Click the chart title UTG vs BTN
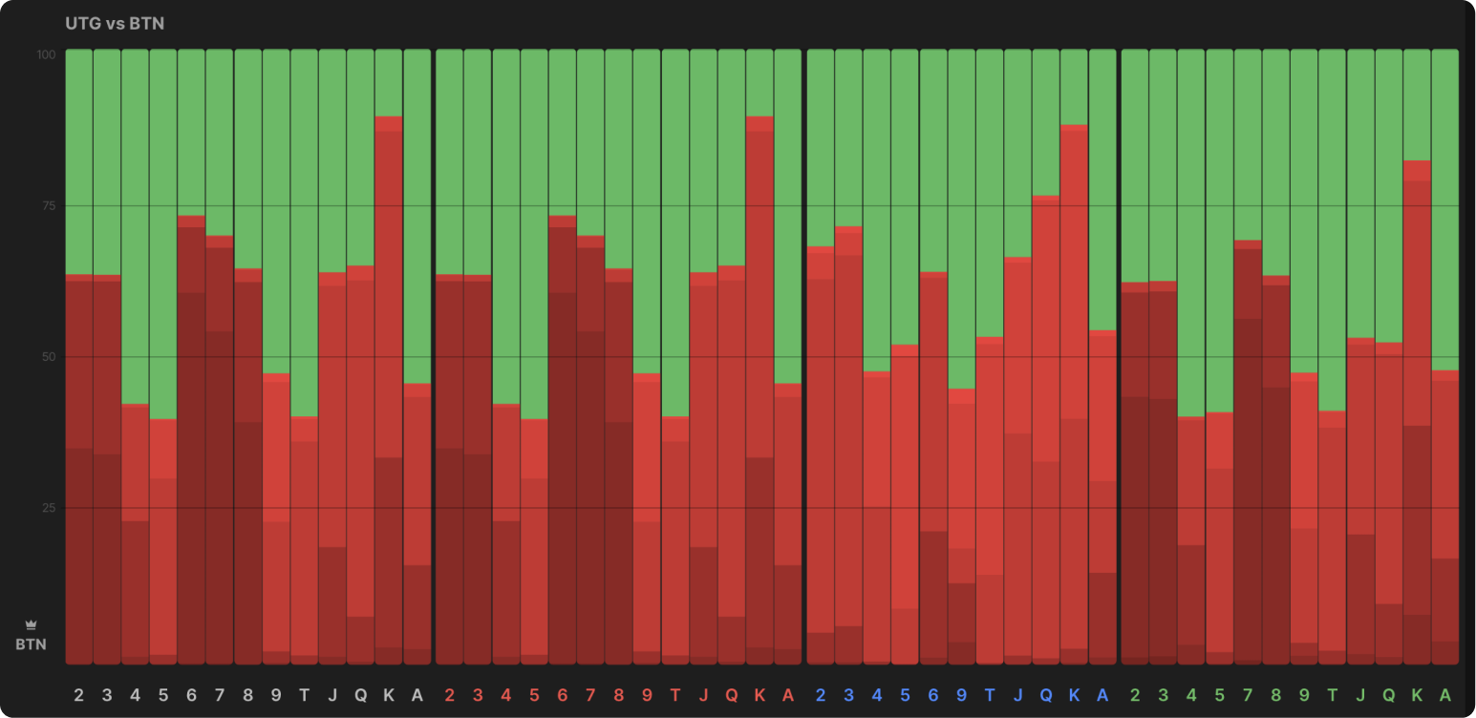point(115,23)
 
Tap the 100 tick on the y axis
point(47,55)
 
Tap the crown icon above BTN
point(31,625)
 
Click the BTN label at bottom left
point(31,644)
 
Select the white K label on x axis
point(388,695)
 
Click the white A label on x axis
point(417,695)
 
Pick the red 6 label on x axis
point(562,695)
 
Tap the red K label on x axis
point(759,695)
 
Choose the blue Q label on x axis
point(1046,695)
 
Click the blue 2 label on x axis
point(821,695)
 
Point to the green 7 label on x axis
point(1248,695)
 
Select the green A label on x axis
point(1445,695)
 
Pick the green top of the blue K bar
point(1075,87)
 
